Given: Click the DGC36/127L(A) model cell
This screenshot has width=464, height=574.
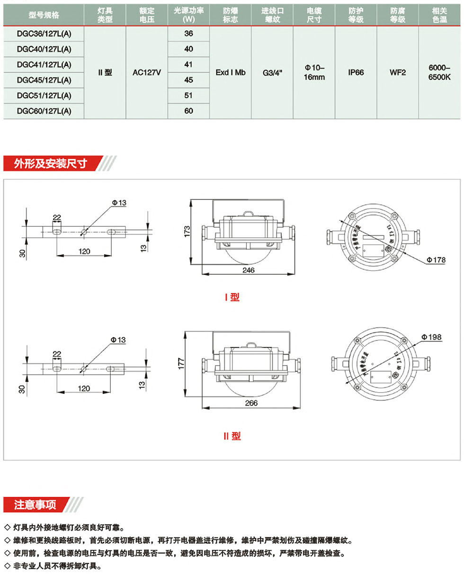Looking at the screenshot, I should [44, 34].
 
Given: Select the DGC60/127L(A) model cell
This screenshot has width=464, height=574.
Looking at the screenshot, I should [44, 111].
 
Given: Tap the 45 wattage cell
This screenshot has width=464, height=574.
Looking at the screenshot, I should [189, 80].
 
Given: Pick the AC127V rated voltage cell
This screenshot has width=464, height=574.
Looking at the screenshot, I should [147, 73].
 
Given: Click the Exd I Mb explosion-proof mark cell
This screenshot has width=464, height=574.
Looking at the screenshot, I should [230, 73].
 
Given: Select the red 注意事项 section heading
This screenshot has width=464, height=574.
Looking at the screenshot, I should [36, 504].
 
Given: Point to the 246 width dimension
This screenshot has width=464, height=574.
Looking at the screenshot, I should [248, 270].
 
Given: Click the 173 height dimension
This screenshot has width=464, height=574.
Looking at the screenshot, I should [187, 232].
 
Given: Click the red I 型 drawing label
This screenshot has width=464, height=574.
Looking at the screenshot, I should [232, 297].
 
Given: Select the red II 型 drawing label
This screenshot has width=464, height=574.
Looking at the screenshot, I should [232, 436].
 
